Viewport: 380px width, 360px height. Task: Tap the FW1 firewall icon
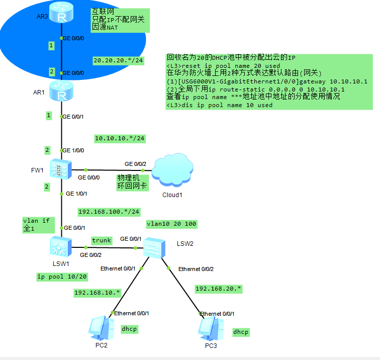pos(62,169)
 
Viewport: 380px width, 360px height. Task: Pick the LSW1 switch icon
pos(61,247)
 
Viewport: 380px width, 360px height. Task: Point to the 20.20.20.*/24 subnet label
pos(119,60)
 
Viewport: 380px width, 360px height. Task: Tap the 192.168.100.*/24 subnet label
pos(109,212)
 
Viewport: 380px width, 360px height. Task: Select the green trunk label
pos(101,241)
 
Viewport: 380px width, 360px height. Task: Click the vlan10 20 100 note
pos(171,223)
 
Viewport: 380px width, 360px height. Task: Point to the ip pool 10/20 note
pos(62,276)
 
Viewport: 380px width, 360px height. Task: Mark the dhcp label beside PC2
pos(129,329)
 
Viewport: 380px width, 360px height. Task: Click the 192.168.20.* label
pos(218,289)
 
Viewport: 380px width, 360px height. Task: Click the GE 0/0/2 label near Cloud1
pos(135,164)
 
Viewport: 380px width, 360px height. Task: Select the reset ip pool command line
pos(223,66)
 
